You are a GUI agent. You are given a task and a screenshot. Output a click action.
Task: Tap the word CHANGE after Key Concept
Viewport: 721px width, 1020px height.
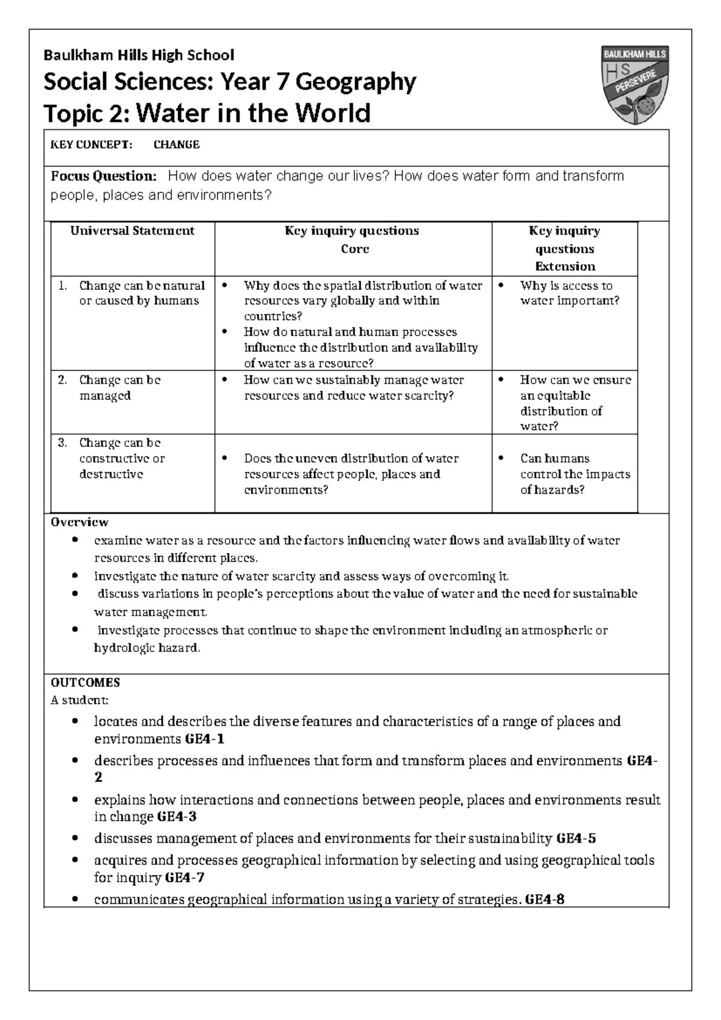[177, 144]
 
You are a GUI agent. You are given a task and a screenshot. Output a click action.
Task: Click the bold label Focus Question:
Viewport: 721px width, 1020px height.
[103, 176]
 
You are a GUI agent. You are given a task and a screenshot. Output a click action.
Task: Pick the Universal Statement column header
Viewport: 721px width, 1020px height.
[132, 231]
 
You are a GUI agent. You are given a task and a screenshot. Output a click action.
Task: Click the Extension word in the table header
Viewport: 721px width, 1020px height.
[565, 266]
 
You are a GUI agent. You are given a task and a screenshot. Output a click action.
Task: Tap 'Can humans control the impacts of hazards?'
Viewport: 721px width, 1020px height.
[575, 474]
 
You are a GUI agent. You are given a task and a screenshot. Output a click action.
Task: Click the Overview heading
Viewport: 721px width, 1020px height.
[79, 522]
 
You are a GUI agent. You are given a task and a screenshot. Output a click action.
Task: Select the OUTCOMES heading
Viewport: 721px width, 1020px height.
[85, 683]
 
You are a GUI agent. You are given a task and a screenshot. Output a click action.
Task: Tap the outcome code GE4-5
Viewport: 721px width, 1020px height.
[576, 838]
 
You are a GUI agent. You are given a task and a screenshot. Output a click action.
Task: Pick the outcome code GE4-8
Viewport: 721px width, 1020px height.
[544, 900]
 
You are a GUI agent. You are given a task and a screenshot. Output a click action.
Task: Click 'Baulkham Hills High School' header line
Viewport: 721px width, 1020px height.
[138, 55]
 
